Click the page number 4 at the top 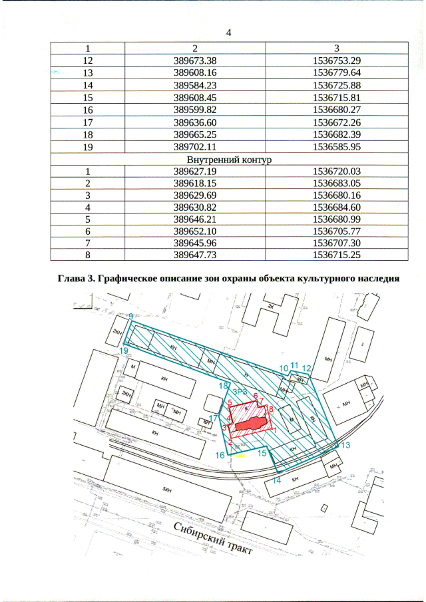228,33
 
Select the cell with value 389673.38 194,61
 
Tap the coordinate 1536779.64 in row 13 336,73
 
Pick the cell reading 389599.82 194,110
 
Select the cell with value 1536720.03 336,172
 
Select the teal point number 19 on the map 124,350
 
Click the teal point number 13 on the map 345,444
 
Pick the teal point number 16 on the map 220,455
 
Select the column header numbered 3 336,48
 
